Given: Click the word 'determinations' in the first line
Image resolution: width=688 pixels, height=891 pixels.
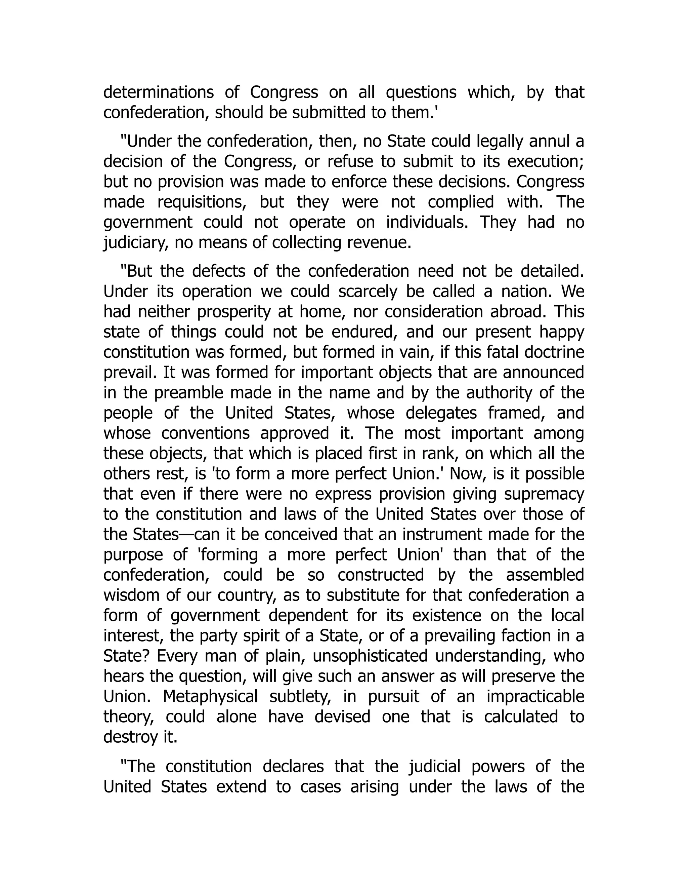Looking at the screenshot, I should click(158, 92).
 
